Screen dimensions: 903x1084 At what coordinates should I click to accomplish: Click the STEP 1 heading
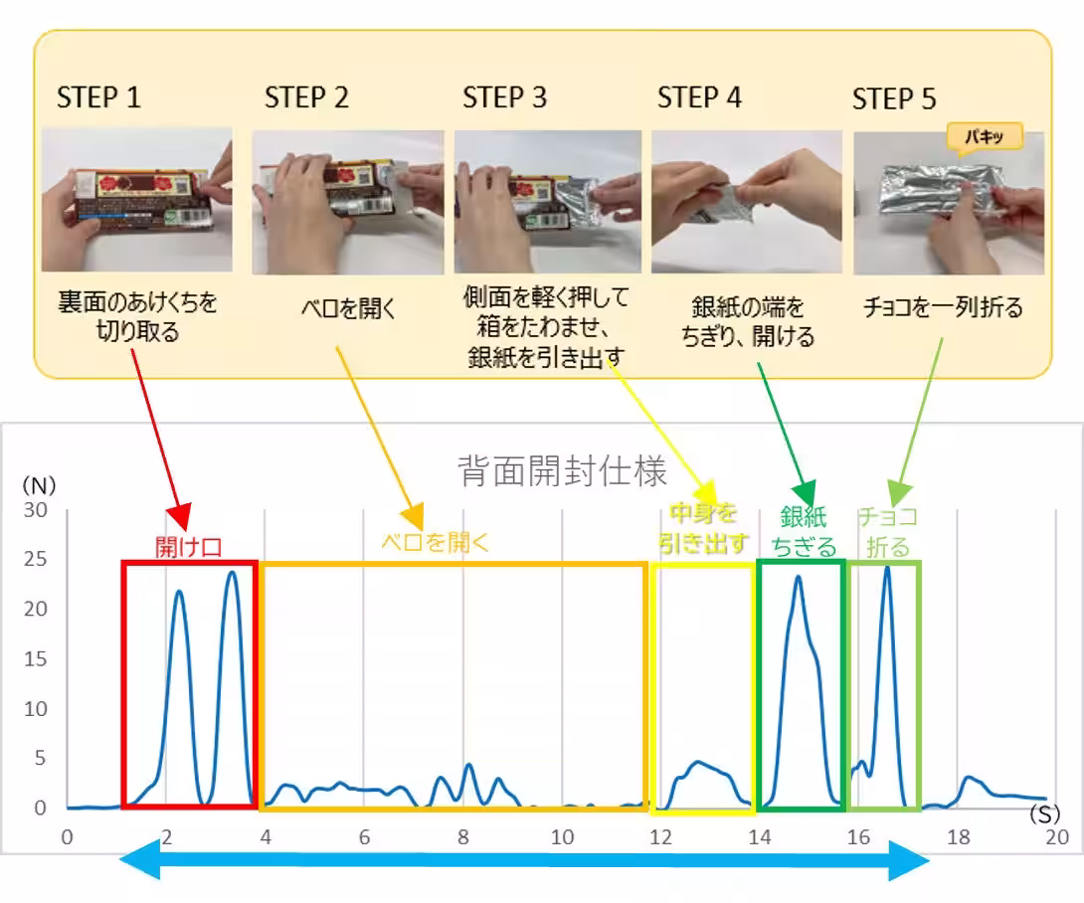pyautogui.click(x=98, y=97)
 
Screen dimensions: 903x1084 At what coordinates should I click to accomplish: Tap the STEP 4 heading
pyautogui.click(x=699, y=97)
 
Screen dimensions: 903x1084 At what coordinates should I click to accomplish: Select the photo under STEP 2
pyautogui.click(x=347, y=202)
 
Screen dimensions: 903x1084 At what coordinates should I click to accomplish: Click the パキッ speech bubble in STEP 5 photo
pyautogui.click(x=985, y=137)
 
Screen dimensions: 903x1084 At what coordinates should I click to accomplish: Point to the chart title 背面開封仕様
pyautogui.click(x=562, y=471)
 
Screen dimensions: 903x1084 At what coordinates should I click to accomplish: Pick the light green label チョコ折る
pyautogui.click(x=887, y=531)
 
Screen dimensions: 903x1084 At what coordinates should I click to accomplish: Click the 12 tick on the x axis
pyautogui.click(x=660, y=837)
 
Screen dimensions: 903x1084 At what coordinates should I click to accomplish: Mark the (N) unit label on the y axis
pyautogui.click(x=40, y=485)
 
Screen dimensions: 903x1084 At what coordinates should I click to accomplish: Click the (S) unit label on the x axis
pyautogui.click(x=1044, y=815)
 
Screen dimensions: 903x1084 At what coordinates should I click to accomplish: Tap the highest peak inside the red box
pyautogui.click(x=232, y=572)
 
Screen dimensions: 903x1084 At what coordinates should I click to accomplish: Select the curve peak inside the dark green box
pyautogui.click(x=798, y=577)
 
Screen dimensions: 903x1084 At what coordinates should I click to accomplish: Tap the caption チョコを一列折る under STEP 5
pyautogui.click(x=943, y=308)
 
